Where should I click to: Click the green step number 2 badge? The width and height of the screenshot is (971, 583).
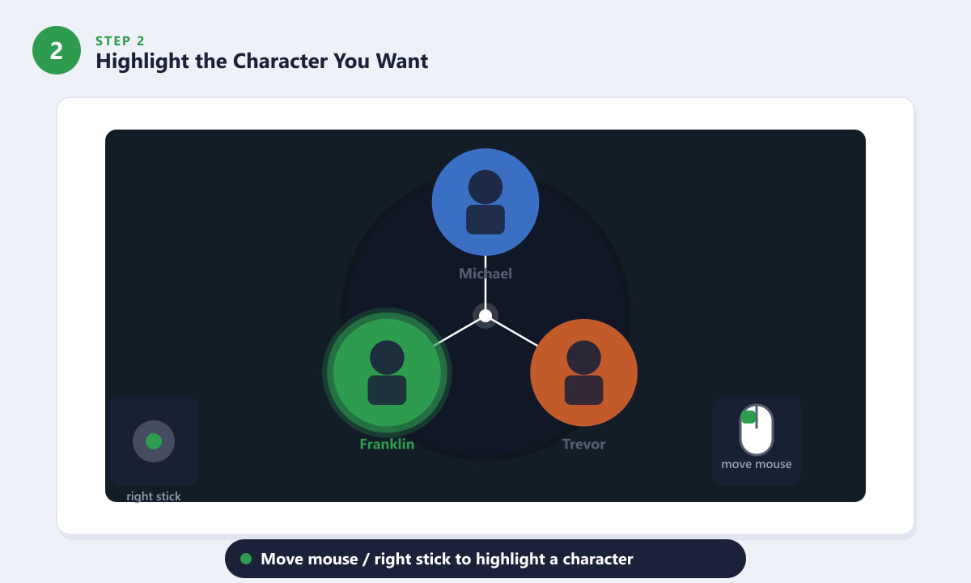(57, 50)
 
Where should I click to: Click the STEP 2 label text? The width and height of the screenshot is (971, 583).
(120, 40)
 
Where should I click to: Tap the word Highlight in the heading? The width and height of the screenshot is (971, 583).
(142, 62)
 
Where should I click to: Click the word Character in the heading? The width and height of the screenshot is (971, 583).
(280, 61)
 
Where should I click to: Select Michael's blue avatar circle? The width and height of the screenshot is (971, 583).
(485, 202)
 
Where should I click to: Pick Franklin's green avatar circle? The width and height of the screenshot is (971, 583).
(387, 372)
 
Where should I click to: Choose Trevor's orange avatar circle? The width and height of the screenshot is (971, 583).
(584, 372)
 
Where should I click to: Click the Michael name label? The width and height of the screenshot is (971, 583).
(485, 274)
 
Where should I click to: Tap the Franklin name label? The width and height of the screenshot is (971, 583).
(387, 445)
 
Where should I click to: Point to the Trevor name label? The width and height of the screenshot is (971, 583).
(584, 445)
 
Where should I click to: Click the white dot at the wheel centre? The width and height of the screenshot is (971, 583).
(485, 316)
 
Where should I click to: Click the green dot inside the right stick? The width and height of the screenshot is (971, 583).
(154, 441)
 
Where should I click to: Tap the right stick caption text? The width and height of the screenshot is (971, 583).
(154, 496)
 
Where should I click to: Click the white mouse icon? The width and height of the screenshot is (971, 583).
(757, 430)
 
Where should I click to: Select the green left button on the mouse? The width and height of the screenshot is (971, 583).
(748, 417)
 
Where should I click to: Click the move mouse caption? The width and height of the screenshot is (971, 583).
(757, 464)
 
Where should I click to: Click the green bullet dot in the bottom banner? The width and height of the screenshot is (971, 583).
(246, 559)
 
